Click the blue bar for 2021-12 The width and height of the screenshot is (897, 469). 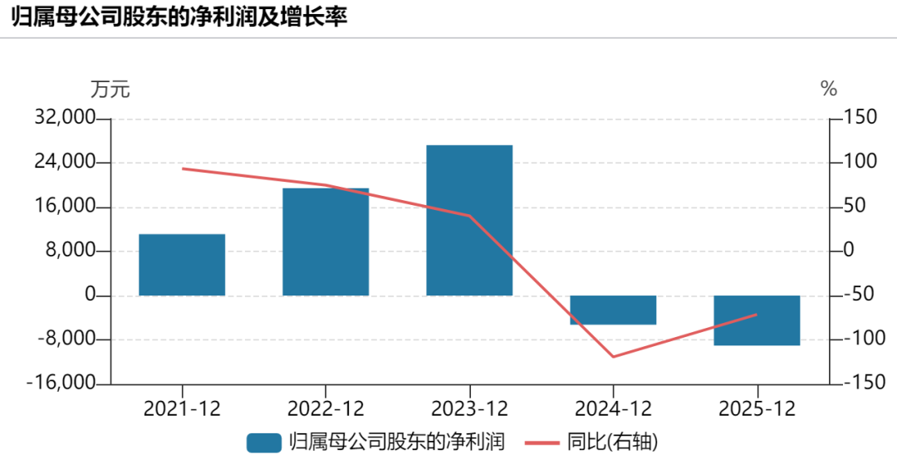(x=182, y=265)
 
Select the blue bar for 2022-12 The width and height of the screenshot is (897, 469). (x=326, y=242)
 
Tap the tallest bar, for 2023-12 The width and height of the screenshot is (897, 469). (x=469, y=220)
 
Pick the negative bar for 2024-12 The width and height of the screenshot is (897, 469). (x=613, y=310)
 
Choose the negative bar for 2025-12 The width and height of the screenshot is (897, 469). (x=757, y=320)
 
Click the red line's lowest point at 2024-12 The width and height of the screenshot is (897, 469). (x=613, y=357)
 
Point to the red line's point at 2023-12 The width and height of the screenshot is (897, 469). (x=469, y=216)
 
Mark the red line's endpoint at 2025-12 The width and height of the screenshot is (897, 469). (x=757, y=314)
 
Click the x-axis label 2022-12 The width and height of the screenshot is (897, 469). (x=326, y=409)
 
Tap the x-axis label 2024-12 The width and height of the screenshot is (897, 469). (x=613, y=409)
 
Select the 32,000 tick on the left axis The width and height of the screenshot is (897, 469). (x=65, y=117)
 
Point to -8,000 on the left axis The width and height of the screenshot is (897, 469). (x=67, y=339)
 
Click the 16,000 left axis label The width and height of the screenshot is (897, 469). (x=65, y=206)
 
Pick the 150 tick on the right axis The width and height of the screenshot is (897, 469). (x=860, y=117)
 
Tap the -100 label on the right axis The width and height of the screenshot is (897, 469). (x=865, y=339)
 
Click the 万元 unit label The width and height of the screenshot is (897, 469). (x=110, y=89)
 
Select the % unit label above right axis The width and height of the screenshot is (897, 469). (x=828, y=89)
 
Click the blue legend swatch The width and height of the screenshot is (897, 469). (x=264, y=442)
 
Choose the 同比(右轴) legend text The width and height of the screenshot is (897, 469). (x=612, y=442)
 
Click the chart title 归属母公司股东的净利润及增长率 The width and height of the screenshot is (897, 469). (x=179, y=17)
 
